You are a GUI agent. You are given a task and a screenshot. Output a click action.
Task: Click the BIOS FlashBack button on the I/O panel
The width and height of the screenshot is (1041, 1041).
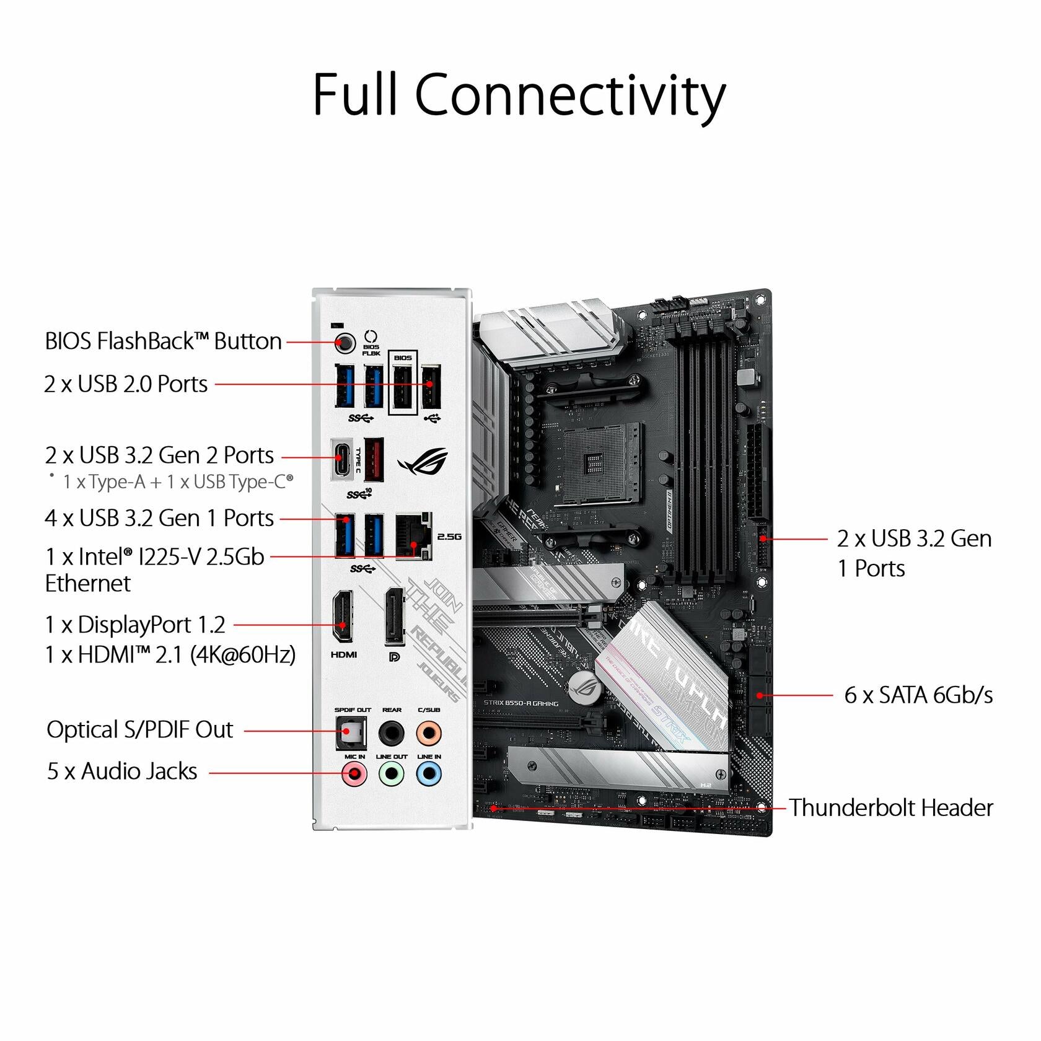pyautogui.click(x=345, y=342)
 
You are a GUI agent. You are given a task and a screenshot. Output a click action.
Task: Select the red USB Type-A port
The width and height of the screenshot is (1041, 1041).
pyautogui.click(x=374, y=459)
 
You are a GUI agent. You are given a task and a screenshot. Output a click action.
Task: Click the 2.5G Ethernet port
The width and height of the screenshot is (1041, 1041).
pyautogui.click(x=413, y=536)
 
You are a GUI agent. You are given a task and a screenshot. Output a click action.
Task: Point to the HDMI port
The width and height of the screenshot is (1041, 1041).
pyautogui.click(x=343, y=616)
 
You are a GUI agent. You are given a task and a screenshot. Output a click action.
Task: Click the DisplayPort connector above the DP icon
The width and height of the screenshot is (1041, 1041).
pyautogui.click(x=394, y=616)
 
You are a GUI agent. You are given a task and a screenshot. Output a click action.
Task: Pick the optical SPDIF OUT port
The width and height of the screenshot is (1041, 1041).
pyautogui.click(x=351, y=733)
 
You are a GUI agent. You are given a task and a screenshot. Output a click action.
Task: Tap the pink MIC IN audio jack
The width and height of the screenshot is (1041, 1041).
pyautogui.click(x=354, y=773)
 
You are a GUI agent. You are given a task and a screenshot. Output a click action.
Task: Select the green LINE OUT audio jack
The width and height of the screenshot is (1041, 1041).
pyautogui.click(x=392, y=773)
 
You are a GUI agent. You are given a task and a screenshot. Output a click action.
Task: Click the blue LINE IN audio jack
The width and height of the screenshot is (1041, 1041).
pyautogui.click(x=429, y=773)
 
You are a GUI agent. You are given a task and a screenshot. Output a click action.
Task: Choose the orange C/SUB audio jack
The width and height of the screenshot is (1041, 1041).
pyautogui.click(x=429, y=733)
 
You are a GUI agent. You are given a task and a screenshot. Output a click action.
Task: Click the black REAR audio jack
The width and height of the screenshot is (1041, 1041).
pyautogui.click(x=392, y=733)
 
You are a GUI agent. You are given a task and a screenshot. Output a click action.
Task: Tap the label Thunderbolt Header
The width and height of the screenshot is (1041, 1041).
pyautogui.click(x=890, y=808)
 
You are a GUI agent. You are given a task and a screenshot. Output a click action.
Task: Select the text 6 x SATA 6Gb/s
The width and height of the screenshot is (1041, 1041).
pyautogui.click(x=918, y=695)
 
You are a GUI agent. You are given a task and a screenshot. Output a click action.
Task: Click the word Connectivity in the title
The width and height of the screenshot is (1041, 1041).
pyautogui.click(x=570, y=94)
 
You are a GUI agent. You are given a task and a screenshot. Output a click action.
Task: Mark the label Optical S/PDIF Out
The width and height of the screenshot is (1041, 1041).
pyautogui.click(x=140, y=730)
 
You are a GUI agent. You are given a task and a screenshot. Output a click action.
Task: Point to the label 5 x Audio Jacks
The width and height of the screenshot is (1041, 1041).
pyautogui.click(x=122, y=771)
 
